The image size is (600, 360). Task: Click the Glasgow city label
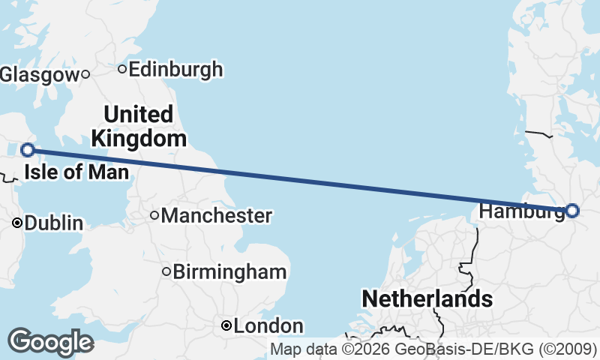tap(39, 74)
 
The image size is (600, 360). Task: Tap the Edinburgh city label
tap(175, 70)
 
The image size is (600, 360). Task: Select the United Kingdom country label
tap(139, 126)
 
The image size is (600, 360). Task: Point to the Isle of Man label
tap(76, 173)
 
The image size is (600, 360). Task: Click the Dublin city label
tap(54, 223)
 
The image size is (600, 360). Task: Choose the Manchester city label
tap(216, 216)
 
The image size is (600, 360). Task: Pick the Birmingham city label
tap(229, 271)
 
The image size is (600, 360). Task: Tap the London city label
tap(268, 326)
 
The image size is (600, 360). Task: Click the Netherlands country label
tap(427, 298)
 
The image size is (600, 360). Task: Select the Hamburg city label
tap(520, 211)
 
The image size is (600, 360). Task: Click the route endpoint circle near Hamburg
tap(572, 211)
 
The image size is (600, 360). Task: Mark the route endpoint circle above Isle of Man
tap(28, 150)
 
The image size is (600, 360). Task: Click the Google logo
tap(50, 342)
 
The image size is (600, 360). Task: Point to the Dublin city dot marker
tap(17, 223)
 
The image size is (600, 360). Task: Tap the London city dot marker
tap(226, 326)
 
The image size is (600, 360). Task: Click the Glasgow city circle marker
tap(85, 74)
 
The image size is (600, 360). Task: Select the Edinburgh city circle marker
tap(121, 70)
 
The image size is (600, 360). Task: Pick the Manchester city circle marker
tap(154, 216)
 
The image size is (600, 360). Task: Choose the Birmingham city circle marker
tap(166, 271)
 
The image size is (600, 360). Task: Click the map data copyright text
tap(433, 349)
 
